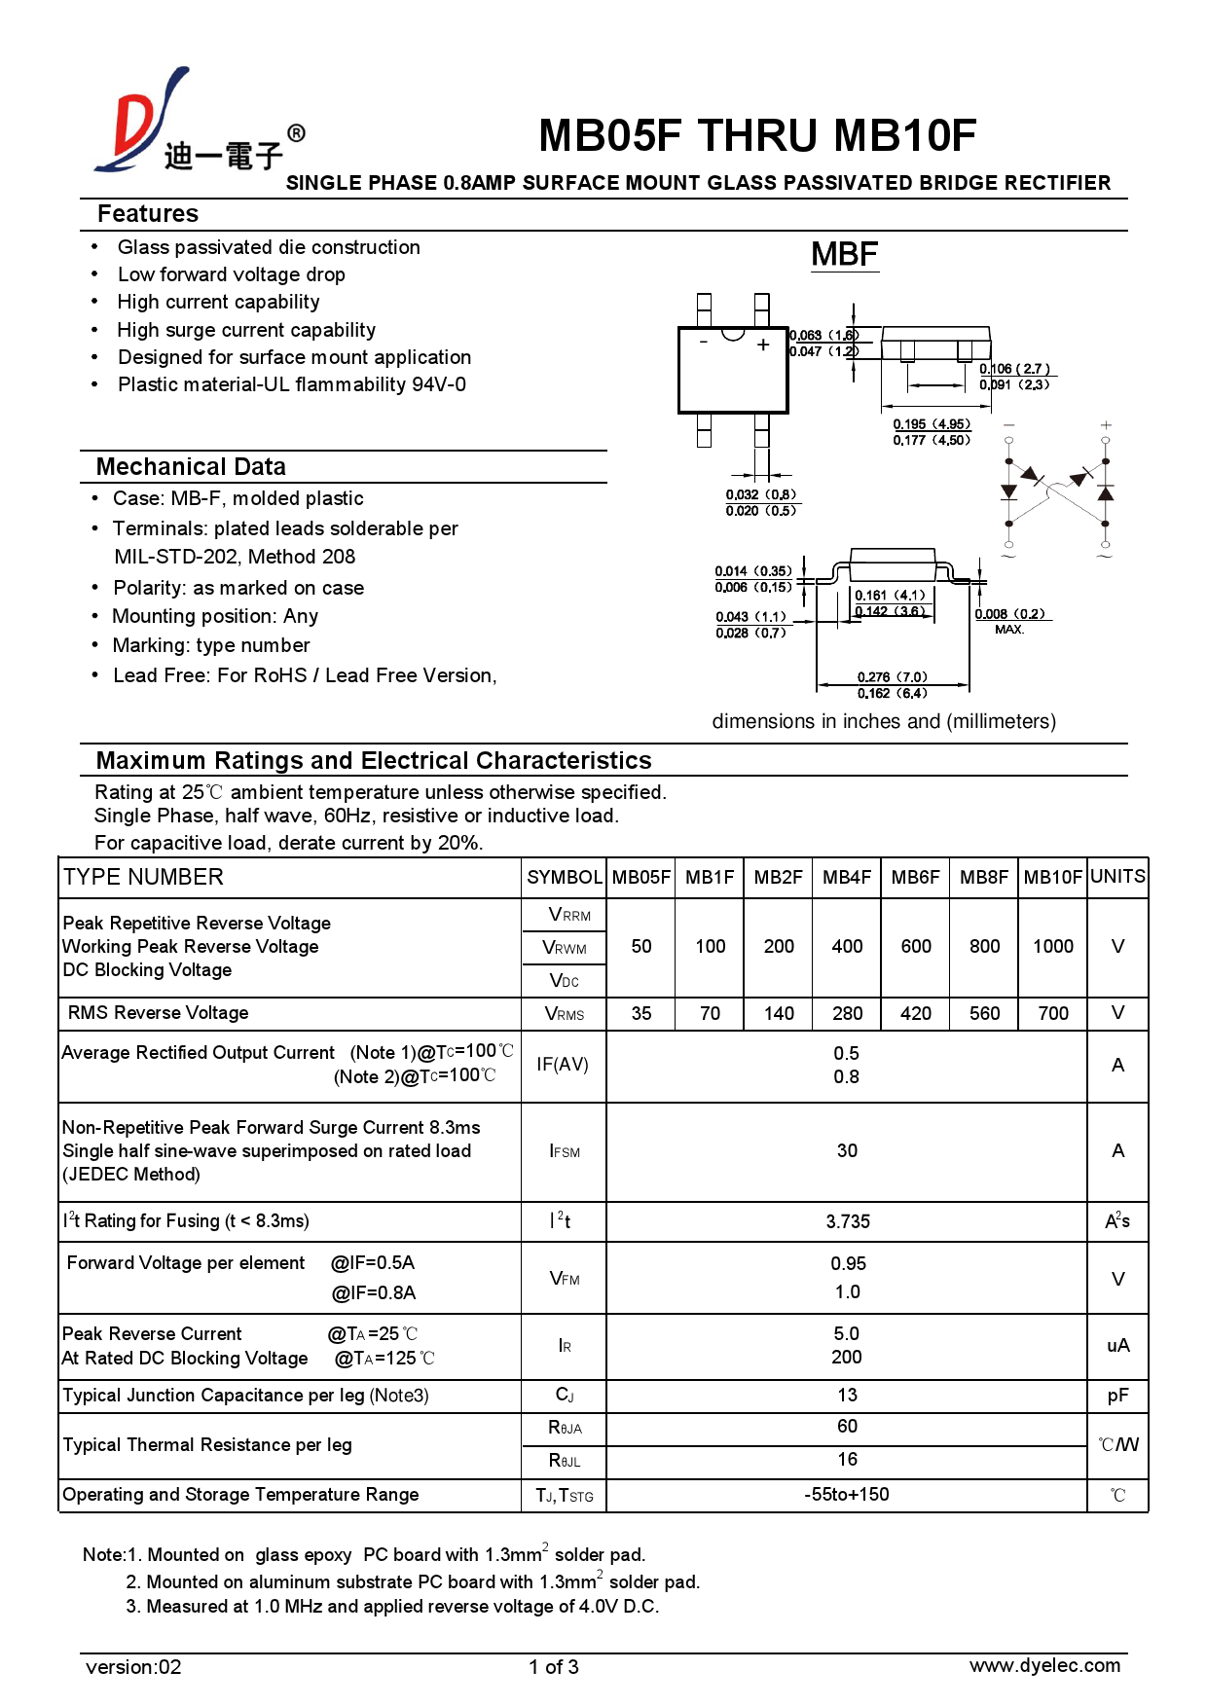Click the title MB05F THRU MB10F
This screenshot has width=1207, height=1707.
756,136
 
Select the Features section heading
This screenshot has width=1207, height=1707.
148,214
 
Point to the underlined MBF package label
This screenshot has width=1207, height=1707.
844,255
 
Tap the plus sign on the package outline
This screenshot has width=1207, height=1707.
763,345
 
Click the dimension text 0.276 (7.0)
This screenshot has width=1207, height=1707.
892,676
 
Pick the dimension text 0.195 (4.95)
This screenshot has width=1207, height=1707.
932,424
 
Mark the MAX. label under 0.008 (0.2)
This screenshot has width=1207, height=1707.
1009,630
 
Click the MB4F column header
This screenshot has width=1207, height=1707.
847,877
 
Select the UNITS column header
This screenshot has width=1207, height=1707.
1117,876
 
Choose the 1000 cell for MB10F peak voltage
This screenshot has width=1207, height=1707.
1052,946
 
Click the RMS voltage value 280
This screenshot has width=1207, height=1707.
847,1013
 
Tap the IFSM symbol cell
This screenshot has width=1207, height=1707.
565,1151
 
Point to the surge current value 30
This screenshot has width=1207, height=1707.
847,1151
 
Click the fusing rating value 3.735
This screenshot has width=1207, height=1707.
847,1221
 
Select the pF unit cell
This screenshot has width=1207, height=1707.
1117,1396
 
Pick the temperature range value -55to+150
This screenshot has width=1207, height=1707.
847,1494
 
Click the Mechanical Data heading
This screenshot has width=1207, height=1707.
191,467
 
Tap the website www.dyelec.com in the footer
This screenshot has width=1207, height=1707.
1044,1665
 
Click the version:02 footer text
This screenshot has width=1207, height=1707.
133,1667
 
